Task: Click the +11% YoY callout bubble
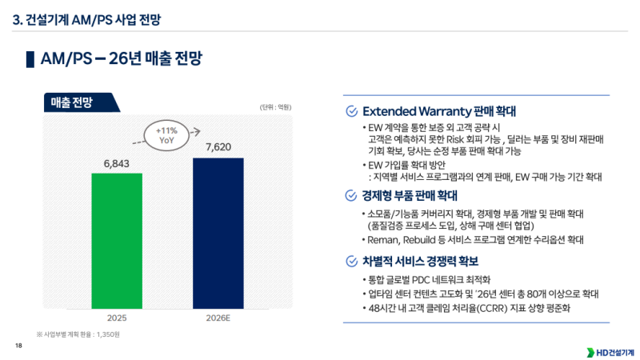[x=166, y=134]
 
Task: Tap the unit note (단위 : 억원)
[x=275, y=107]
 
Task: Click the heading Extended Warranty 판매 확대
[x=439, y=111]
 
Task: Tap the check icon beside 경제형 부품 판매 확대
[x=350, y=194]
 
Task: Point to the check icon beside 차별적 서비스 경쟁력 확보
[x=350, y=262]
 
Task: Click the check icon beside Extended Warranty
[x=350, y=111]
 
